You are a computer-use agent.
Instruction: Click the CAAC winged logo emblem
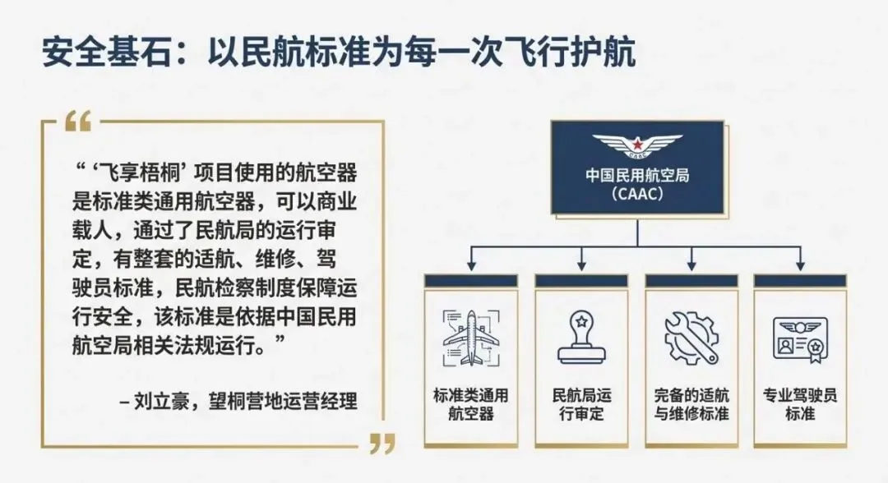pyautogui.click(x=638, y=147)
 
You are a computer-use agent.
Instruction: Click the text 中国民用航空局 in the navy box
pyautogui.click(x=638, y=176)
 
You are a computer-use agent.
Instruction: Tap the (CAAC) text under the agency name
pyautogui.click(x=638, y=195)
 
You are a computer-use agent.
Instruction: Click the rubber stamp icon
pyautogui.click(x=580, y=336)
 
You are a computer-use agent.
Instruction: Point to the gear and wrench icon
pyautogui.click(x=691, y=336)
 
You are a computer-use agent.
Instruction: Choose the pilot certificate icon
pyautogui.click(x=801, y=338)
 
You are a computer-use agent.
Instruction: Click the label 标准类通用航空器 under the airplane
pyautogui.click(x=470, y=403)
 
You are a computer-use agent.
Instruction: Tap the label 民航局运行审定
pyautogui.click(x=580, y=403)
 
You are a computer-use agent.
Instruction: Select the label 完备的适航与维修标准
pyautogui.click(x=691, y=403)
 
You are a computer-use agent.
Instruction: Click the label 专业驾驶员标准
pyautogui.click(x=801, y=403)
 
